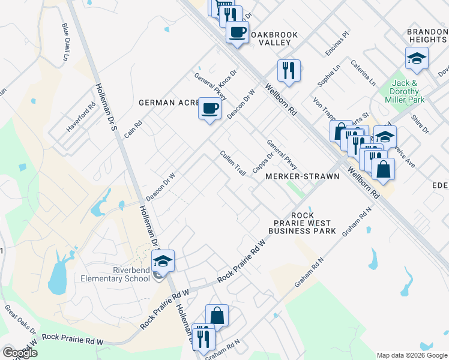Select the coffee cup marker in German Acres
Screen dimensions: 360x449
pyautogui.click(x=209, y=109)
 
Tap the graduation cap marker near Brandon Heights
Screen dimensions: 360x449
pyautogui.click(x=417, y=59)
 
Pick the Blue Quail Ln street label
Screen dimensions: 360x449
pyautogui.click(x=65, y=42)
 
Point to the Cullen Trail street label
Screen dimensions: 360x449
pyautogui.click(x=232, y=163)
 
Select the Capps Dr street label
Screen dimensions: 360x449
pyautogui.click(x=263, y=162)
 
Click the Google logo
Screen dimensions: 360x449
pyautogui.click(x=20, y=353)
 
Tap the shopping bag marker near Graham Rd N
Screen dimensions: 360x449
pyautogui.click(x=217, y=316)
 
